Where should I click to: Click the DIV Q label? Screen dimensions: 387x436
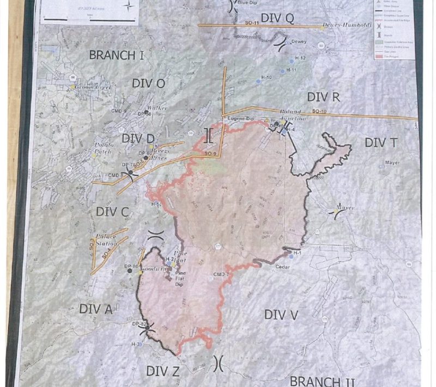tap(277, 19)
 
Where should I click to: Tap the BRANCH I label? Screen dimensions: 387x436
tap(116, 55)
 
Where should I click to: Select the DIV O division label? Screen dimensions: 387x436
tap(148, 83)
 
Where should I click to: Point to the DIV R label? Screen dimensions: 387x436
tap(324, 97)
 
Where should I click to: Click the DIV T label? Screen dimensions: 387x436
tap(381, 143)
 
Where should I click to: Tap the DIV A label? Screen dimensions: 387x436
tap(96, 309)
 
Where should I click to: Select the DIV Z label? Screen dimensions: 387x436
tap(163, 371)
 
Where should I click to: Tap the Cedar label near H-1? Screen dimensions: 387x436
tap(282, 267)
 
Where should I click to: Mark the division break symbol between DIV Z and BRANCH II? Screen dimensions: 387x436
tap(219, 362)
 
